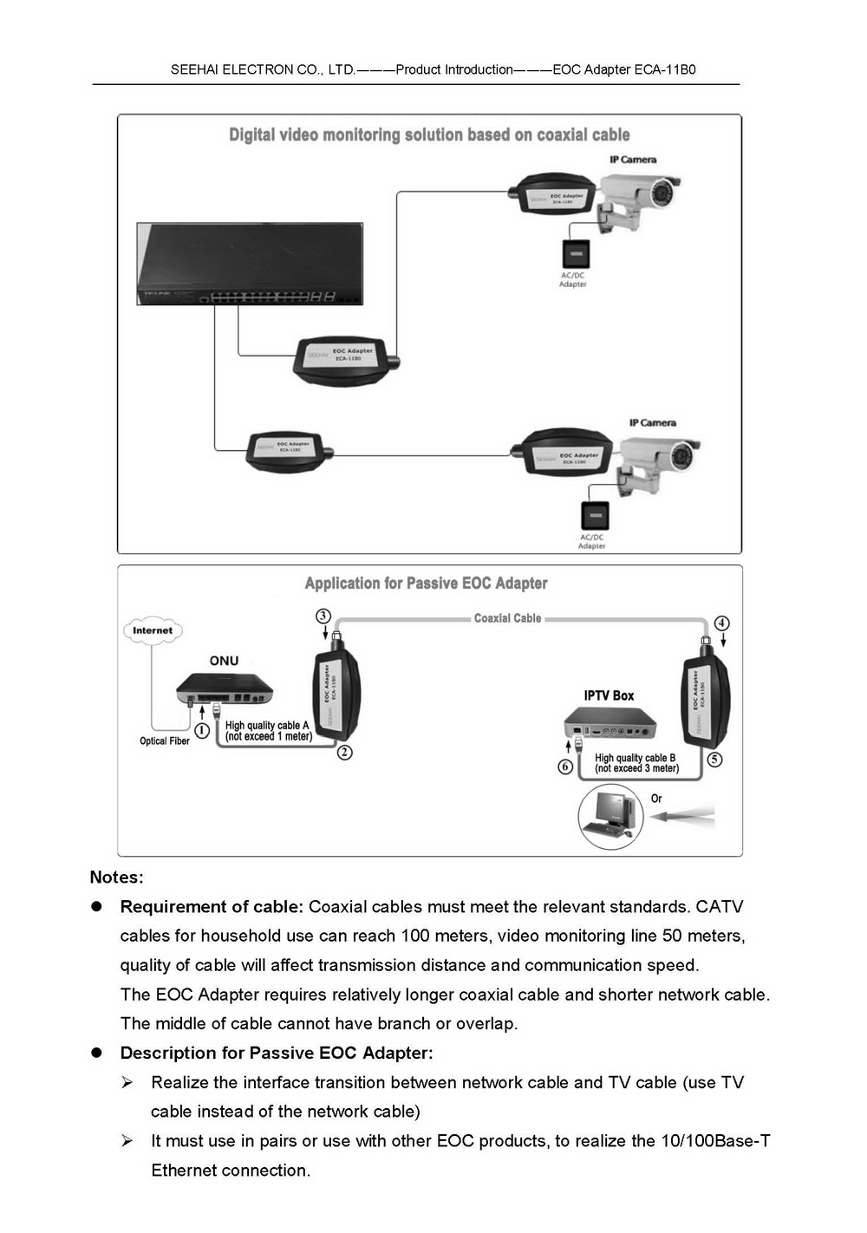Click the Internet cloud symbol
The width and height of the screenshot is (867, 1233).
(x=153, y=630)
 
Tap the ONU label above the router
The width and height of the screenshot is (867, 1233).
(x=224, y=661)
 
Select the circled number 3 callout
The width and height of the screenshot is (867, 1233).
(x=323, y=616)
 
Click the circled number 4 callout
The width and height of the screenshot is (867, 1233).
(x=722, y=623)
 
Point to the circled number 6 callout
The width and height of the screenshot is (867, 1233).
(x=565, y=767)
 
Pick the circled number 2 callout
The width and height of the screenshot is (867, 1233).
(x=345, y=753)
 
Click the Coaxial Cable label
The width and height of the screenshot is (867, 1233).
(x=507, y=618)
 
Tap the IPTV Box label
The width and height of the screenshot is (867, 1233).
(x=609, y=695)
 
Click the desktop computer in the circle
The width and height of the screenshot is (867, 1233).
(x=610, y=816)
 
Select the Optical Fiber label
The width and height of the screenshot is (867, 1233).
(x=165, y=741)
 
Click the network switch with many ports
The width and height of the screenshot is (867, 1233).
(x=250, y=264)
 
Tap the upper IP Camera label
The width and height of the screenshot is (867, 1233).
(x=633, y=160)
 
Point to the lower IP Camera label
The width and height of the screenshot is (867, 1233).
(x=653, y=423)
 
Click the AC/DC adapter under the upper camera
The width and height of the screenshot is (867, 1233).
(x=575, y=254)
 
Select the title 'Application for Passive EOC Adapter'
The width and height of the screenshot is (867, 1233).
(x=426, y=584)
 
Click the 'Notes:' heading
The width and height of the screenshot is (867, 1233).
(x=116, y=877)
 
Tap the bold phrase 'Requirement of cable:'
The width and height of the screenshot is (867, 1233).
(x=212, y=907)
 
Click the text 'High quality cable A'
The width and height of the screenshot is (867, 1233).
(x=267, y=725)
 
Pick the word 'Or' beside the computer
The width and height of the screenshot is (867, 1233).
(x=656, y=799)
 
